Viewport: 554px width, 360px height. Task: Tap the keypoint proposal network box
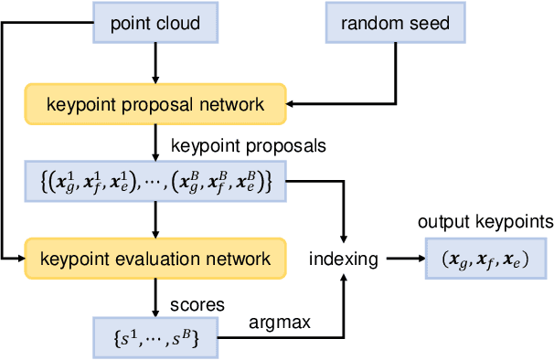155,104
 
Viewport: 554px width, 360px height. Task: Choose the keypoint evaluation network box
155,259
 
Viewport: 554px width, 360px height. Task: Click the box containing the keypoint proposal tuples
155,183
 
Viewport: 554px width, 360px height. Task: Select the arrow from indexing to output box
402,259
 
